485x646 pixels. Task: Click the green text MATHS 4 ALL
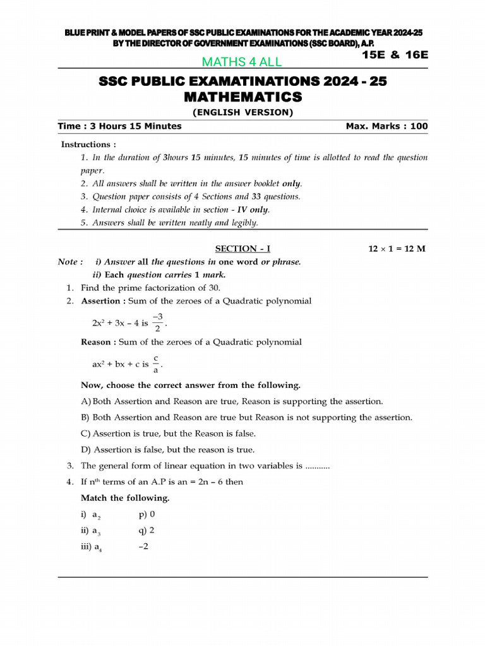click(241, 62)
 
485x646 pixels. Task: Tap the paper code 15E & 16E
click(395, 54)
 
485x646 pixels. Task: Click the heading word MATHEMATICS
click(242, 97)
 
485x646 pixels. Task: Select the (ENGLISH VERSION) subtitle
click(242, 112)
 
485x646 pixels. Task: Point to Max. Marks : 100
click(386, 126)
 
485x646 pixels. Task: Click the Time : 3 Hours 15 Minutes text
click(119, 126)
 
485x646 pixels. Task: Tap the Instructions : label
click(88, 144)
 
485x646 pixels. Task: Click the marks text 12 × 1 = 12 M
click(397, 249)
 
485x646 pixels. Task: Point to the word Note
click(68, 262)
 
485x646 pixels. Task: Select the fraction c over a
click(155, 364)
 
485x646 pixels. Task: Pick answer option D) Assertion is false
click(168, 450)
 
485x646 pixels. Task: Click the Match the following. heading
click(125, 498)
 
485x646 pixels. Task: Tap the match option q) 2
click(146, 530)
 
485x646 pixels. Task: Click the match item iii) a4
click(92, 547)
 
